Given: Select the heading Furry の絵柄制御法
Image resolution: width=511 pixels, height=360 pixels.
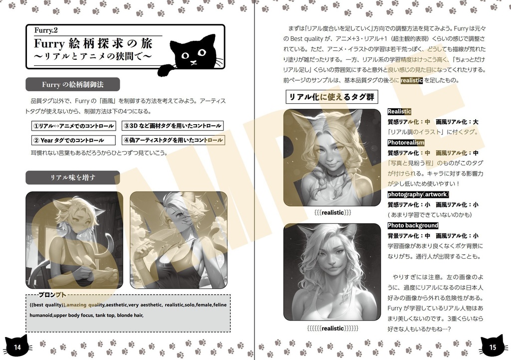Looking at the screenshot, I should tap(73, 84).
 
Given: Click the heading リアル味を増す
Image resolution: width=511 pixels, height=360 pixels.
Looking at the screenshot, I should tap(73, 178).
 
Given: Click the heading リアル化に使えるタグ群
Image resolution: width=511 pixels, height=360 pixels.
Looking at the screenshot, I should tap(331, 97).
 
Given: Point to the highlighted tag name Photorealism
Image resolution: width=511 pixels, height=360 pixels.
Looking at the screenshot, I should tap(406, 143).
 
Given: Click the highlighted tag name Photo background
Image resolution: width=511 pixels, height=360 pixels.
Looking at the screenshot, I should tap(413, 225).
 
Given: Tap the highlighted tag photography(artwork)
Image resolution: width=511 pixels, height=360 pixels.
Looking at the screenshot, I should tap(418, 194).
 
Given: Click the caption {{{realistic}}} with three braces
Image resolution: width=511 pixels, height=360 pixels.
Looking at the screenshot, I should tap(333, 213).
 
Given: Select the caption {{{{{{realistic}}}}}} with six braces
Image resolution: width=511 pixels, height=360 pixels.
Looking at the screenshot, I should tap(333, 328).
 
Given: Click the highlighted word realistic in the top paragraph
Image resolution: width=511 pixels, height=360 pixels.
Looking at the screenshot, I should tap(411, 80).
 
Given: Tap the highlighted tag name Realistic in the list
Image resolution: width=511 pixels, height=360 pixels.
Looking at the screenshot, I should tap(399, 112).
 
